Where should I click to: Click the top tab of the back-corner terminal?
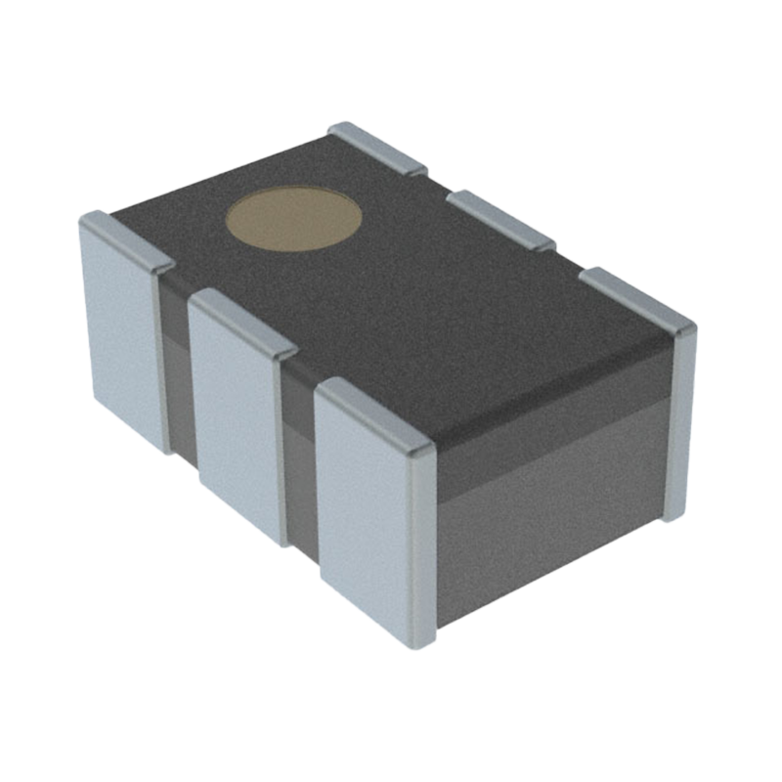(x=377, y=147)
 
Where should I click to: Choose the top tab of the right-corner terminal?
(x=635, y=297)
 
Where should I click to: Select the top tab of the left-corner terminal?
(x=125, y=239)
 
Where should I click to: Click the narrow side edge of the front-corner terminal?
(x=422, y=547)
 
